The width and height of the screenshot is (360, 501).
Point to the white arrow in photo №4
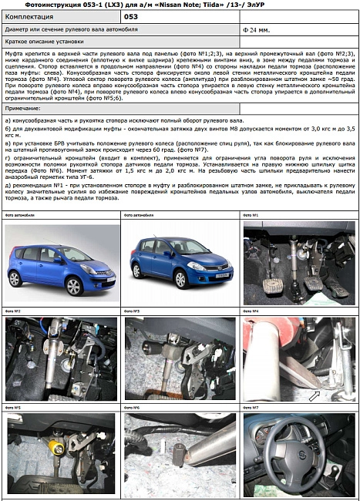[313, 396]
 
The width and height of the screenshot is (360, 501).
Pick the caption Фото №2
[13, 311]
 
